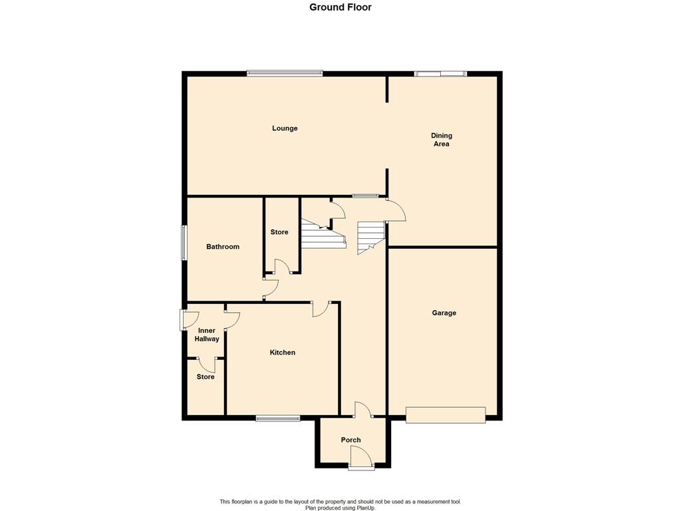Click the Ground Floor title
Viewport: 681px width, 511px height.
point(340,7)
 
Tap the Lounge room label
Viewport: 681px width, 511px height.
point(285,128)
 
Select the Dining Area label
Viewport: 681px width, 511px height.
point(442,140)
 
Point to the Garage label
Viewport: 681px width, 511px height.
point(444,313)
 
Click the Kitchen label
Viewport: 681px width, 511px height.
point(282,353)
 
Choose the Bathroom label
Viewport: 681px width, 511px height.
point(223,247)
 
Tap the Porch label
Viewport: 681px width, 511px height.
point(351,440)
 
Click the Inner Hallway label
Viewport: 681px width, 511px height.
point(207,335)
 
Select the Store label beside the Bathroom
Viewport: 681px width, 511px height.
point(279,232)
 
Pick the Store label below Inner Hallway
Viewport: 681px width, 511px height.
point(205,377)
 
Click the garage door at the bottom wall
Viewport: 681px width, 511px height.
point(446,415)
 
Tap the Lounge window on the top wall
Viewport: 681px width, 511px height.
point(285,73)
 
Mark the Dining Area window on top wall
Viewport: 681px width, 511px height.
point(440,73)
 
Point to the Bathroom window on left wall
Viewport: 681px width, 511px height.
point(184,242)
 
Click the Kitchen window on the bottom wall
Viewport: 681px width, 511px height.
point(278,419)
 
